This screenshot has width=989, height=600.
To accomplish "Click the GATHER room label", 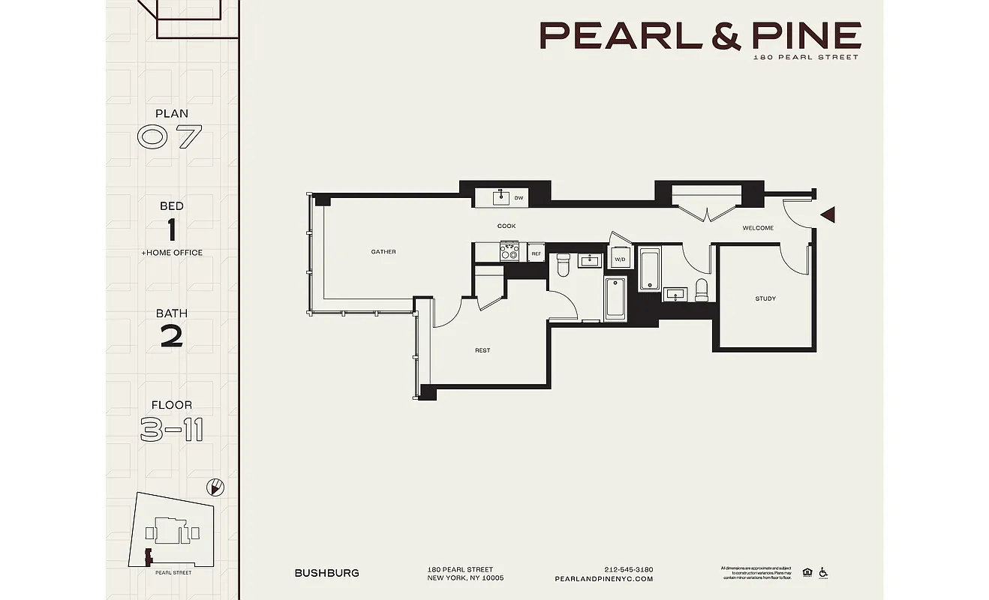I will [383, 252].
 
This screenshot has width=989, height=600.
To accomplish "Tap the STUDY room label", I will [765, 299].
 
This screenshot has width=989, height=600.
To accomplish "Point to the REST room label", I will [482, 350].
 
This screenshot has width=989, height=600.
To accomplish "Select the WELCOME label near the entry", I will [758, 228].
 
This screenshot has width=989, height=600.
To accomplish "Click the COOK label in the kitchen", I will [507, 226].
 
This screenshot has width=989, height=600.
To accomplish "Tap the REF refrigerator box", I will [536, 253].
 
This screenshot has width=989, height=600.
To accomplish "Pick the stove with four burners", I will [510, 252].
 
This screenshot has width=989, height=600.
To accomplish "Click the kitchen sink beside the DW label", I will [501, 197].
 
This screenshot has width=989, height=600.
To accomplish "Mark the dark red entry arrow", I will [828, 215].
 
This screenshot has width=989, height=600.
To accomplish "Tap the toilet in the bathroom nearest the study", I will [702, 290].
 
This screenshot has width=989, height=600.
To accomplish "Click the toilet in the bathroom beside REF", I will [564, 264].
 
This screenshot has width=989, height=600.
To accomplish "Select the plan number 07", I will [171, 137].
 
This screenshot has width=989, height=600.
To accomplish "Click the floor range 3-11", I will [172, 429].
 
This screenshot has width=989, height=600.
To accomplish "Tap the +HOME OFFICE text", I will [172, 253].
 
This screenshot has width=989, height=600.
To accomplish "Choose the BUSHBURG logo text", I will [326, 573].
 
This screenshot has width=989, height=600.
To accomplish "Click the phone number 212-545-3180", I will [628, 568].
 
